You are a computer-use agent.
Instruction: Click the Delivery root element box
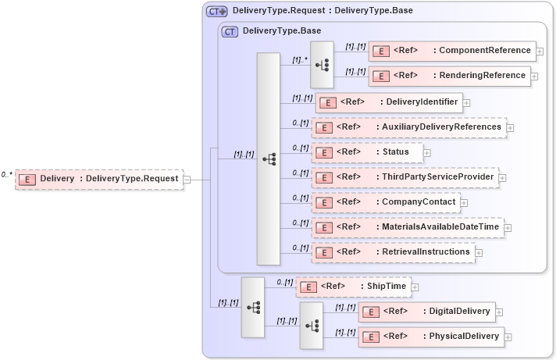(99, 180)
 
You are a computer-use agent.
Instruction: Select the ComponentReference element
(452, 51)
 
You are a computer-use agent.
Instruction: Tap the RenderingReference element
(449, 76)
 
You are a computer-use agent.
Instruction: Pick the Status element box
(366, 151)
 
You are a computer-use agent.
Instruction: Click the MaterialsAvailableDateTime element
(407, 227)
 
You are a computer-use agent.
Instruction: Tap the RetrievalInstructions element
(393, 252)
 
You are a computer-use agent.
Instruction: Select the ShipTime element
(353, 287)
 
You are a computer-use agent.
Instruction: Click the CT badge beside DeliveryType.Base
(230, 31)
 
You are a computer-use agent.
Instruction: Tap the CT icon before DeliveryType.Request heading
(216, 11)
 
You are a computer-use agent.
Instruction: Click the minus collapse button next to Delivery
(187, 180)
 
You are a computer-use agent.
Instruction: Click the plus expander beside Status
(426, 152)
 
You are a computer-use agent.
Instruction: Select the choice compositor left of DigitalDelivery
(311, 324)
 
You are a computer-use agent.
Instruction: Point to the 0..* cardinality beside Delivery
(7, 175)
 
